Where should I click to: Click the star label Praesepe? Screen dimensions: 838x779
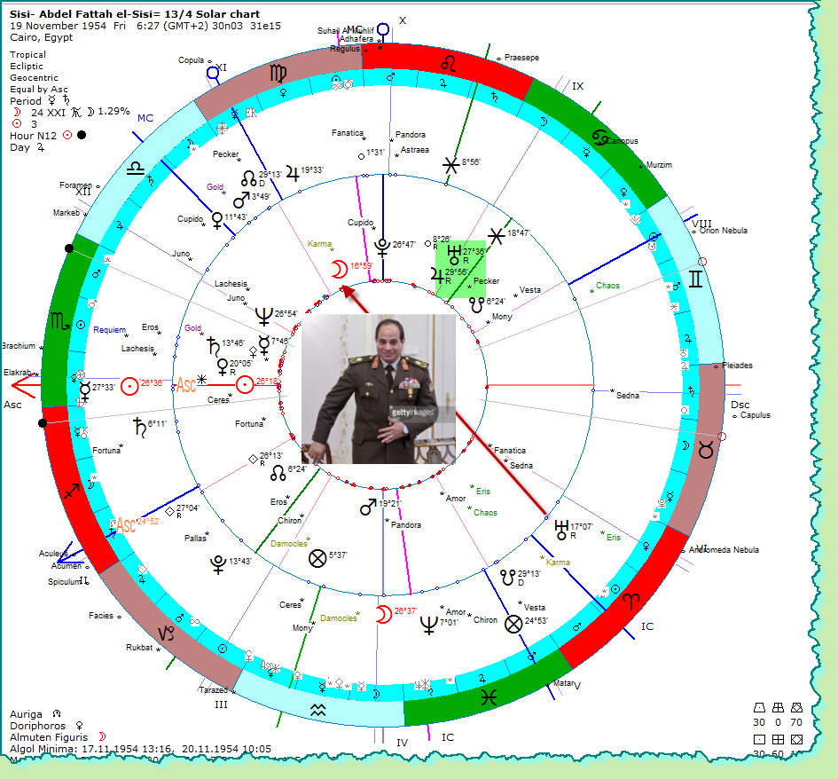(522, 57)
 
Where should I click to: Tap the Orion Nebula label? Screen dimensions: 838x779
(723, 231)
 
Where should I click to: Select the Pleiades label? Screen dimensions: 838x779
(738, 366)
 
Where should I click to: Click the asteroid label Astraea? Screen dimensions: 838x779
(415, 150)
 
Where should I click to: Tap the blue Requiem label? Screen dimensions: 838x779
(110, 330)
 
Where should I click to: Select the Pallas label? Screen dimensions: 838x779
(195, 538)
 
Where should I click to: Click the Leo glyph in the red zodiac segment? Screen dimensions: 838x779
(451, 63)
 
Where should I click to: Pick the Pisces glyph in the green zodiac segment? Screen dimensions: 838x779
(487, 697)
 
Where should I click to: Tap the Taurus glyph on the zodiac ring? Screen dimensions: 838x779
(706, 450)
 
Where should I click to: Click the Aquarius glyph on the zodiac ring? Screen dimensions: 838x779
(317, 708)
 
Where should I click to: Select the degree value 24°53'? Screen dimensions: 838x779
(537, 621)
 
